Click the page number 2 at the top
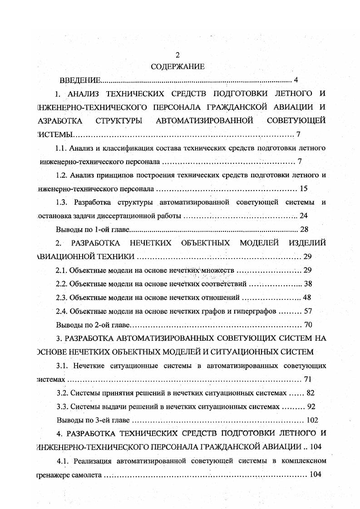click(178, 55)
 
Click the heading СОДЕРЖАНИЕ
click(178, 67)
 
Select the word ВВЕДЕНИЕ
click(80, 81)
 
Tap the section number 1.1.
click(61, 148)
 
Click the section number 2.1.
click(62, 270)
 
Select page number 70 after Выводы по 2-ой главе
click(307, 325)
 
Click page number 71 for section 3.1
click(307, 379)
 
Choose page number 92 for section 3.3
click(311, 406)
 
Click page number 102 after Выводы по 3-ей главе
click(312, 420)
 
